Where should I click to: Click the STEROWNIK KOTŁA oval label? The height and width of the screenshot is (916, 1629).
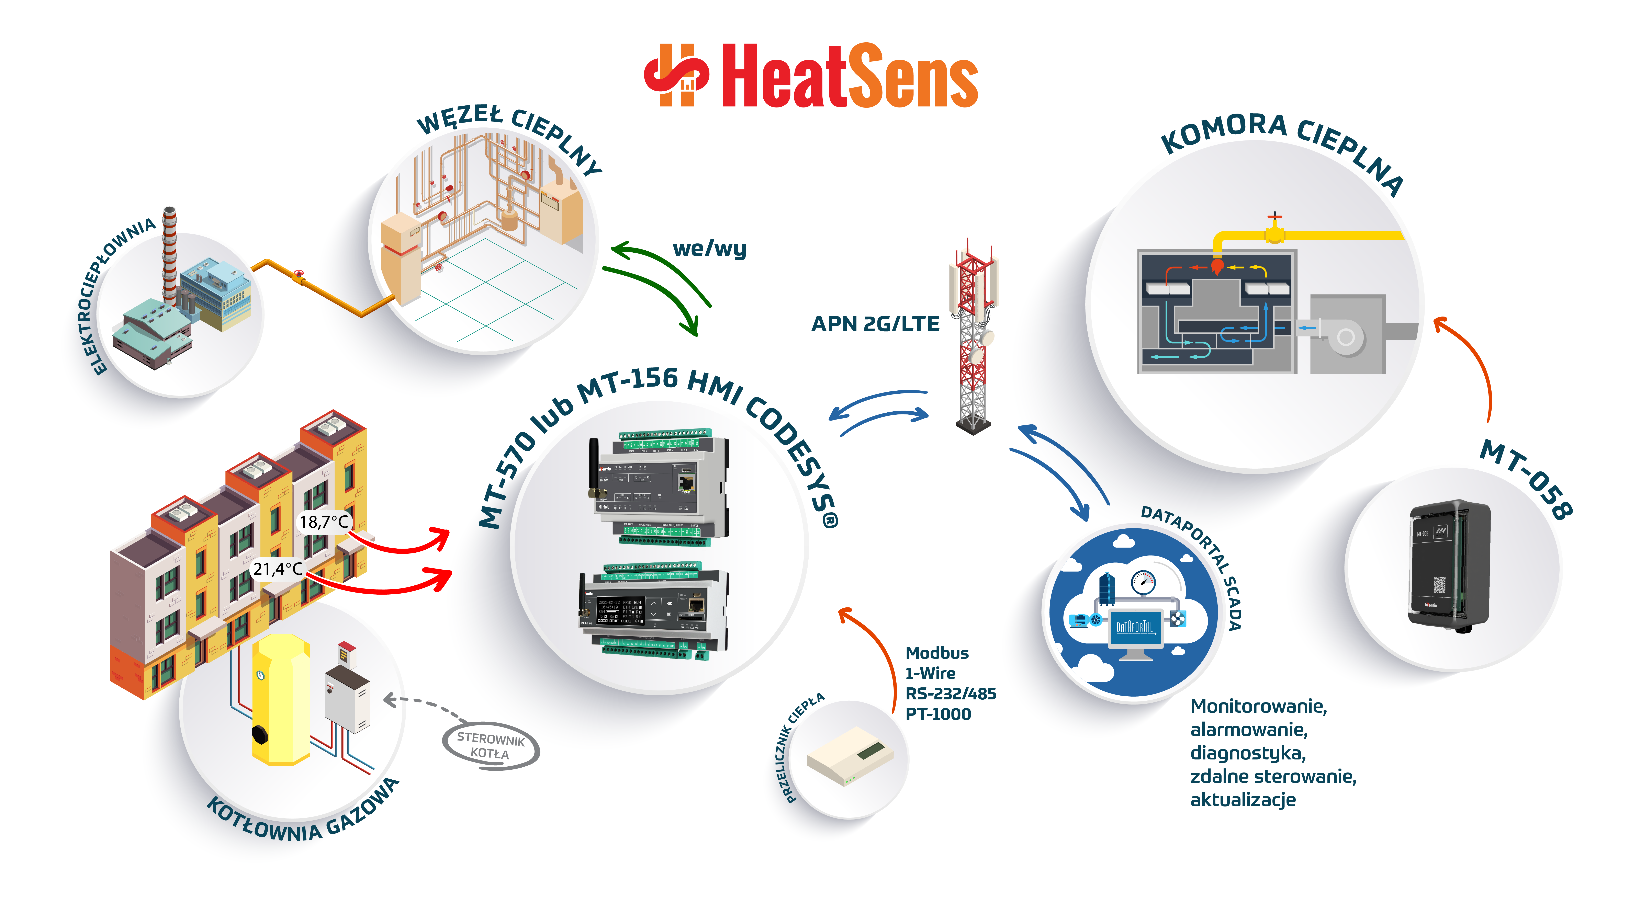tap(491, 746)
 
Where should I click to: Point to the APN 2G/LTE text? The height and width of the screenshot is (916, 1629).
tap(875, 324)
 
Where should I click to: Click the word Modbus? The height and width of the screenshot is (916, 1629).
tap(936, 653)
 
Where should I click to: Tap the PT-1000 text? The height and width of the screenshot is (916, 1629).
tap(938, 714)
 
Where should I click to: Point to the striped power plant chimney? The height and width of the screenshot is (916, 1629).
tap(169, 253)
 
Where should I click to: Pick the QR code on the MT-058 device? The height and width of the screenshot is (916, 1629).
tap(1439, 585)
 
